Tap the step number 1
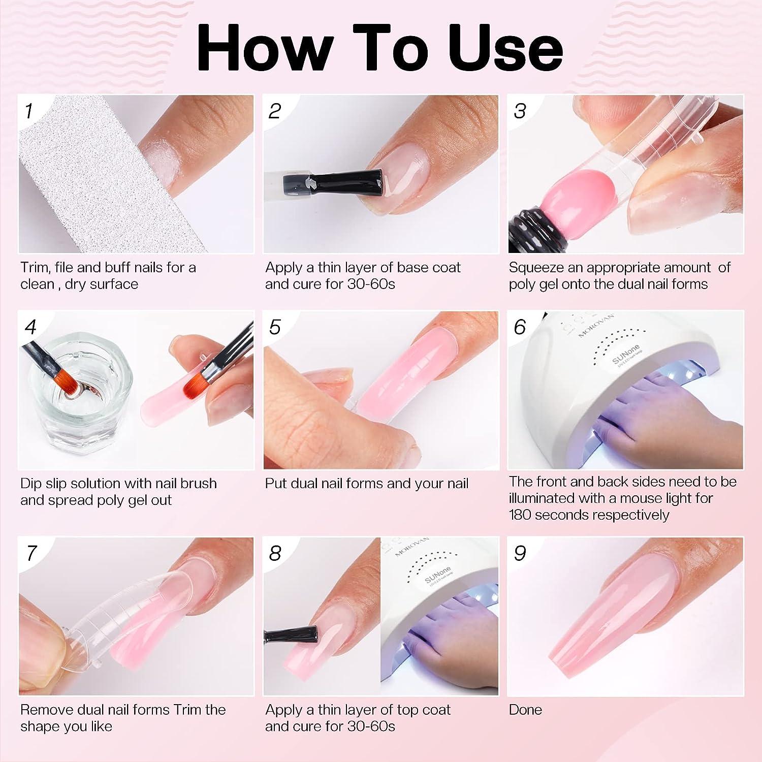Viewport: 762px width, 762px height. tap(29, 111)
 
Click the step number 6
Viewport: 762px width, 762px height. tap(520, 327)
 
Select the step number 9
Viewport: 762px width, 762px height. tap(520, 553)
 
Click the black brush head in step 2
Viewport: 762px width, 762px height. tap(351, 181)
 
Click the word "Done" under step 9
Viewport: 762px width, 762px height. tap(525, 710)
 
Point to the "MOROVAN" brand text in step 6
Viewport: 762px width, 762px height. tap(597, 325)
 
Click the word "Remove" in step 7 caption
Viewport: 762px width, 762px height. tap(45, 710)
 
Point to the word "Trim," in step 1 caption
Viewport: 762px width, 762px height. tap(35, 268)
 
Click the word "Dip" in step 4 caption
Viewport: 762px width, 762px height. tap(31, 484)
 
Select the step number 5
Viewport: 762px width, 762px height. tap(275, 327)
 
